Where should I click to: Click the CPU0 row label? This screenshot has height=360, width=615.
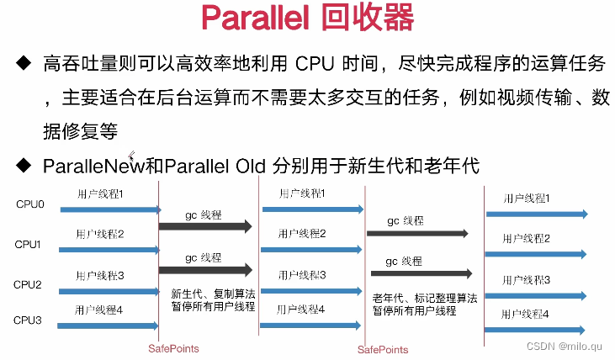pos(29,204)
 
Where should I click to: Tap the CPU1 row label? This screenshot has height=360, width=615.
pos(29,244)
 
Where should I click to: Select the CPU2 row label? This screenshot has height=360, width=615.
pos(29,284)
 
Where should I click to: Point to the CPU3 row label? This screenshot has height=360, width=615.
pos(29,320)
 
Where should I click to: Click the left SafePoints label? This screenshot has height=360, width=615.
pos(173,348)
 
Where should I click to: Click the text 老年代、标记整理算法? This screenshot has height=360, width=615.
pos(425,297)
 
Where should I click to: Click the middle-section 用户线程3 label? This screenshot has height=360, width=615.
pos(294,274)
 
